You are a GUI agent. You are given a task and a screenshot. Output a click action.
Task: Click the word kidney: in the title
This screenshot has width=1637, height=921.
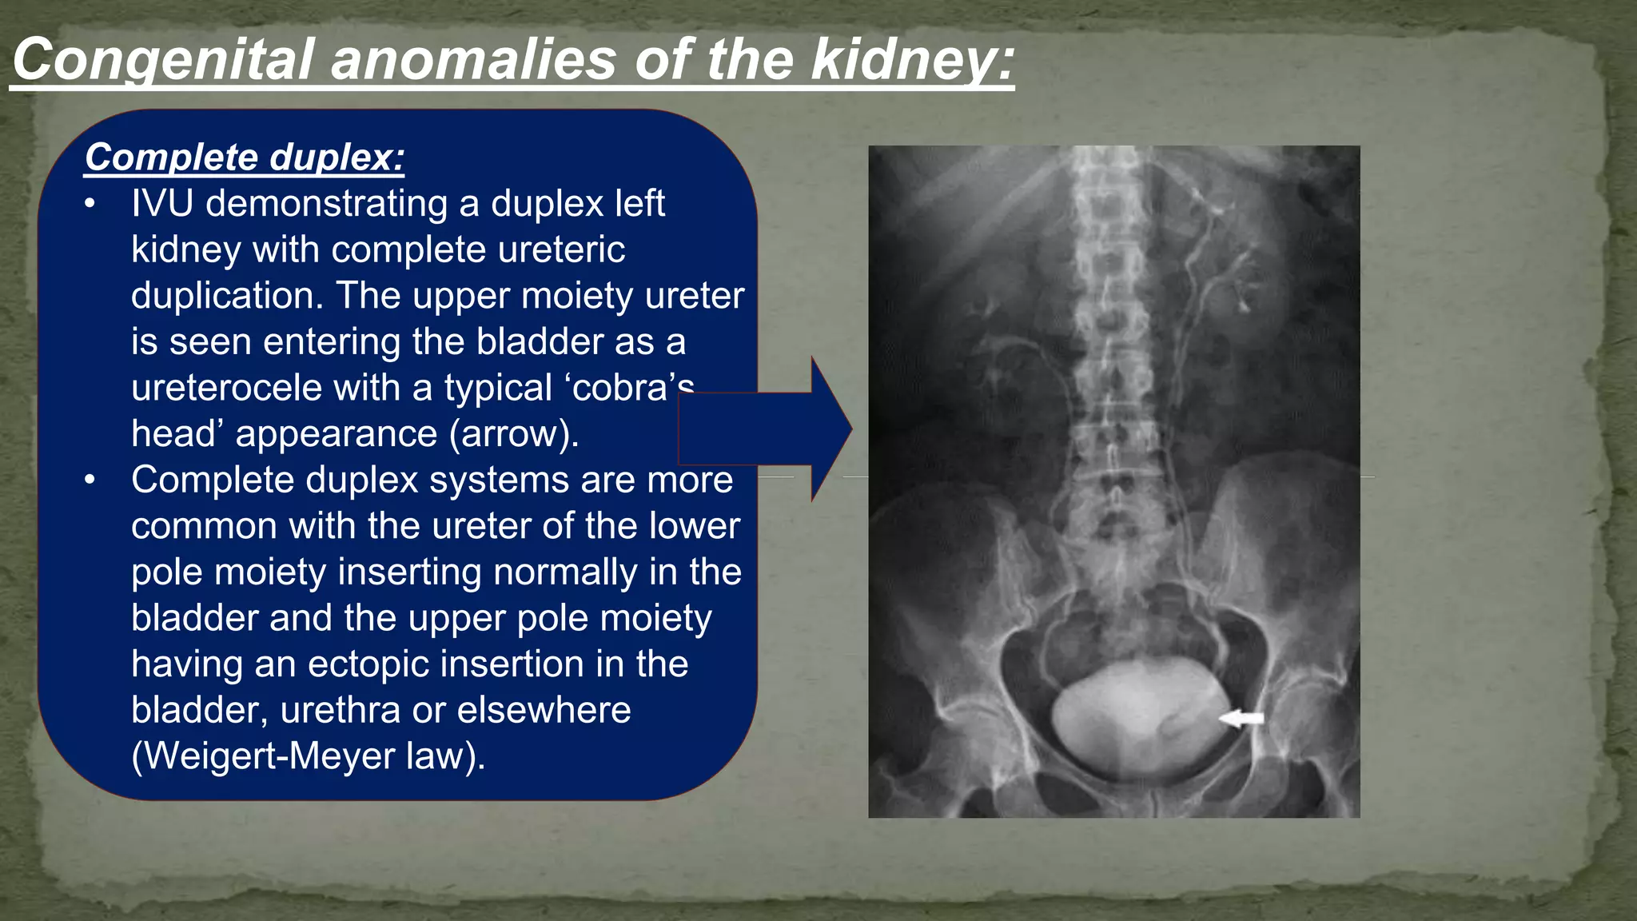click(912, 60)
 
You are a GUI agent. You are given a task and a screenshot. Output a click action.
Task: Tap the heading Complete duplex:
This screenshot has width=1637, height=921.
click(245, 157)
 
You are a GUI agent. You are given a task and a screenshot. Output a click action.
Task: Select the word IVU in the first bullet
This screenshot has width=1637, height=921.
click(162, 203)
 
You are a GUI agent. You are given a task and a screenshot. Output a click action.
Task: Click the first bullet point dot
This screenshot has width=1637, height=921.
click(90, 204)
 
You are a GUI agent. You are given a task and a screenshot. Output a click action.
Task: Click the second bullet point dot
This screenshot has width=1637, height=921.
click(90, 480)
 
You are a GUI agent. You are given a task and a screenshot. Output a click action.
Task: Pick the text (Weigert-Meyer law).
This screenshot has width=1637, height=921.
click(309, 756)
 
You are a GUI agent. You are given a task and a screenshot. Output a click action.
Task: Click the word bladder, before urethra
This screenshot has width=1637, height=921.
click(198, 710)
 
